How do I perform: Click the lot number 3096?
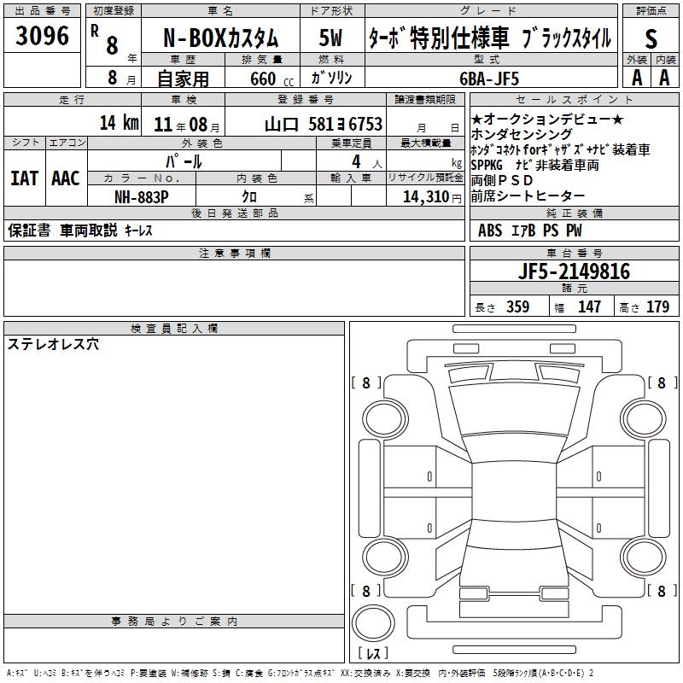click(x=42, y=35)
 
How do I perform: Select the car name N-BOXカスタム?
click(x=220, y=38)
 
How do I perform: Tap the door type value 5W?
click(x=330, y=38)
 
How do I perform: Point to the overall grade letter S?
click(x=651, y=38)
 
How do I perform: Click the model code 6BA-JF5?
click(x=489, y=79)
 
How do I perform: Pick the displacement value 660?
click(x=263, y=79)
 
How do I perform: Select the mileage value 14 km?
click(x=119, y=122)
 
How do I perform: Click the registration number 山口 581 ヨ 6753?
click(x=324, y=124)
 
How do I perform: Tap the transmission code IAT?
click(x=24, y=178)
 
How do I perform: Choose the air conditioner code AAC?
click(x=66, y=178)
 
